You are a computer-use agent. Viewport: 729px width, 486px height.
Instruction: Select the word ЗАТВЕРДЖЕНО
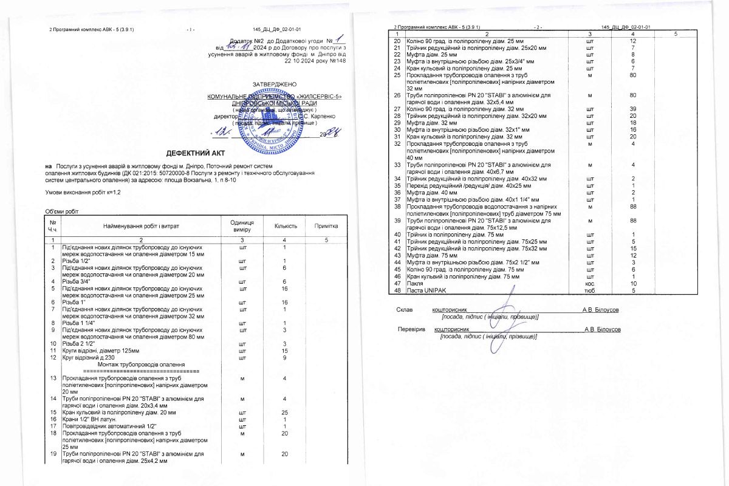click(274, 83)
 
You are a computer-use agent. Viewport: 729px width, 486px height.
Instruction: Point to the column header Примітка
click(325, 225)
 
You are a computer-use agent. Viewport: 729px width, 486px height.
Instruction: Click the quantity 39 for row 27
click(633, 108)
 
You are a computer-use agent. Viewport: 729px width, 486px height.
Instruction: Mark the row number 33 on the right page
click(397, 165)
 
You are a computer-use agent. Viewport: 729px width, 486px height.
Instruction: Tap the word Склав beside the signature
click(404, 310)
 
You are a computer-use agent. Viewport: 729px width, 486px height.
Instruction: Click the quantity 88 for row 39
click(633, 221)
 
